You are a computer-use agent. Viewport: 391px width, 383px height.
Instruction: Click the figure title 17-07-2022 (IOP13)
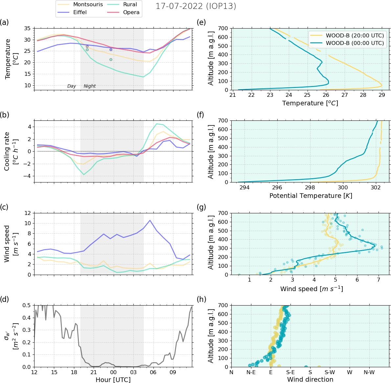[x=196, y=6]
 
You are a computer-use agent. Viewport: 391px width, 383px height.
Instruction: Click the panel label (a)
[x=5, y=22]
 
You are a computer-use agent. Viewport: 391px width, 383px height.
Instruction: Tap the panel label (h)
[x=201, y=299]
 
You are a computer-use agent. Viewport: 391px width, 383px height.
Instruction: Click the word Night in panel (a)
[x=90, y=86]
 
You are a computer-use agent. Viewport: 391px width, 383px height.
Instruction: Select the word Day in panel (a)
[x=72, y=86]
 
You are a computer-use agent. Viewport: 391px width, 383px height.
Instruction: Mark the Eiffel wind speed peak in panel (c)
[x=150, y=220]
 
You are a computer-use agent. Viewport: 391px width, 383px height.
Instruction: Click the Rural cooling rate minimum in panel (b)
[x=84, y=174]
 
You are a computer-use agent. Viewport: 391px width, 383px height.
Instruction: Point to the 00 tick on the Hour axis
[x=113, y=372]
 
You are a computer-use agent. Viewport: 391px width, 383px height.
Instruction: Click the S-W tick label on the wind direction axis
[x=330, y=372]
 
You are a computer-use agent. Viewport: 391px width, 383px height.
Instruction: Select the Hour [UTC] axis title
[x=113, y=380]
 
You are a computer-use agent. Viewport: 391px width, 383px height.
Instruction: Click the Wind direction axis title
[x=310, y=380]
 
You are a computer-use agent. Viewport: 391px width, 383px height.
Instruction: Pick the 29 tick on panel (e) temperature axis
[x=382, y=96]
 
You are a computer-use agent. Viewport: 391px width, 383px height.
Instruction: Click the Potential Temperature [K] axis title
[x=310, y=196]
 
